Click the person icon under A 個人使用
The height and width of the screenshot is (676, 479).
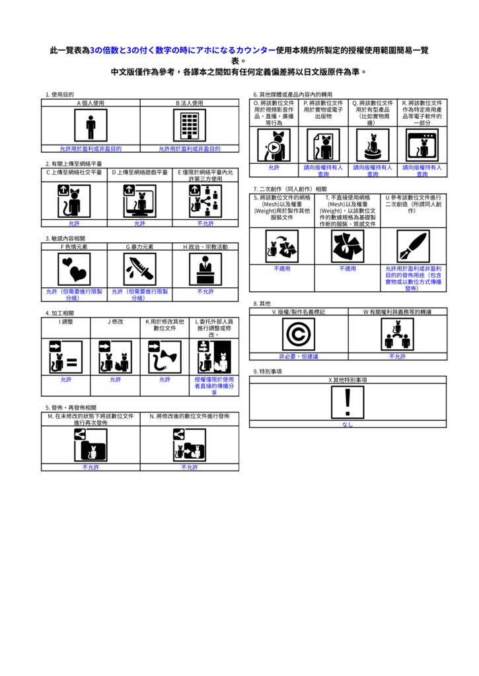tap(91, 125)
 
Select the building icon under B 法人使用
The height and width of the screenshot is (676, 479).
tap(190, 125)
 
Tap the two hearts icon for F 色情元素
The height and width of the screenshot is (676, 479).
tap(74, 269)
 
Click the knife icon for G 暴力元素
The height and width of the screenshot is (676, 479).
tap(139, 269)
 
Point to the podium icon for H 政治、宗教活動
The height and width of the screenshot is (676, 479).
tap(205, 269)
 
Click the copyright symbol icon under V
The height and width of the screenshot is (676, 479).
tap(298, 334)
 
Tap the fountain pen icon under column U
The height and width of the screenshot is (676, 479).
tap(414, 247)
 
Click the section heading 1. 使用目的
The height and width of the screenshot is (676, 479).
tap(59, 95)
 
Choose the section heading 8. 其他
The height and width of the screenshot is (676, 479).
tap(262, 303)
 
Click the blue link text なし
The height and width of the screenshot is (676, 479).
tap(348, 424)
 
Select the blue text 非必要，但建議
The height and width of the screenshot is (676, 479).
tap(298, 356)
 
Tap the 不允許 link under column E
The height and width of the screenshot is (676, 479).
tap(205, 224)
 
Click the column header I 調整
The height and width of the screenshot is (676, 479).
tap(65, 321)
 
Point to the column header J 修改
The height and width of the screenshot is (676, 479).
tap(115, 321)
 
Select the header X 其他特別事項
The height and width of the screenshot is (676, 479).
tap(348, 380)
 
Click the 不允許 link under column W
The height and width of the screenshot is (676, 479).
tap(397, 356)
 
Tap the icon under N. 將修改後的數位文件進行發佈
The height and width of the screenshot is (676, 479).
tap(190, 444)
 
